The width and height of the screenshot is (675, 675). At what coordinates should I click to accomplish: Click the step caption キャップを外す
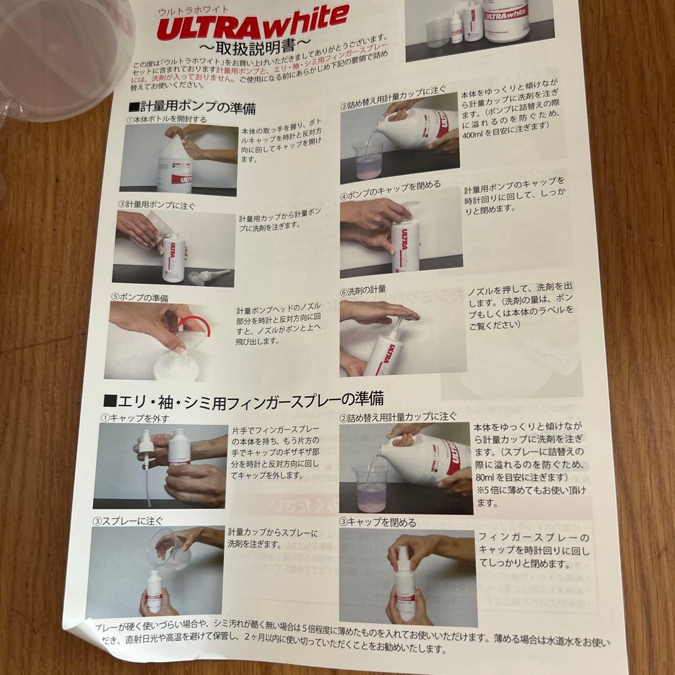[135, 417]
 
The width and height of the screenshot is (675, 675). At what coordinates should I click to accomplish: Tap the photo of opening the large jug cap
[178, 159]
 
